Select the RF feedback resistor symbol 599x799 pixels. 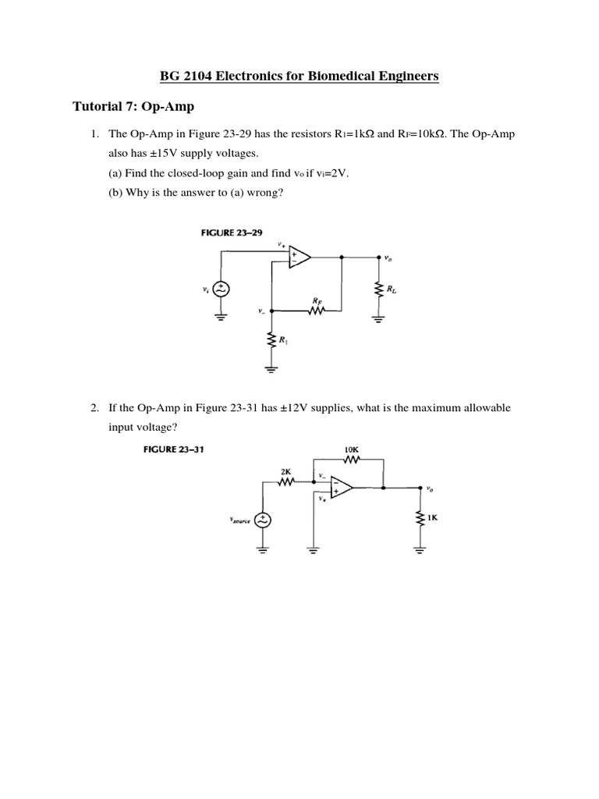pos(317,311)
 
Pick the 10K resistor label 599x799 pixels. pos(352,449)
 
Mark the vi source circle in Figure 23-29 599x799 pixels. pos(220,289)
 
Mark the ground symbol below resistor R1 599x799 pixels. pos(272,369)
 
